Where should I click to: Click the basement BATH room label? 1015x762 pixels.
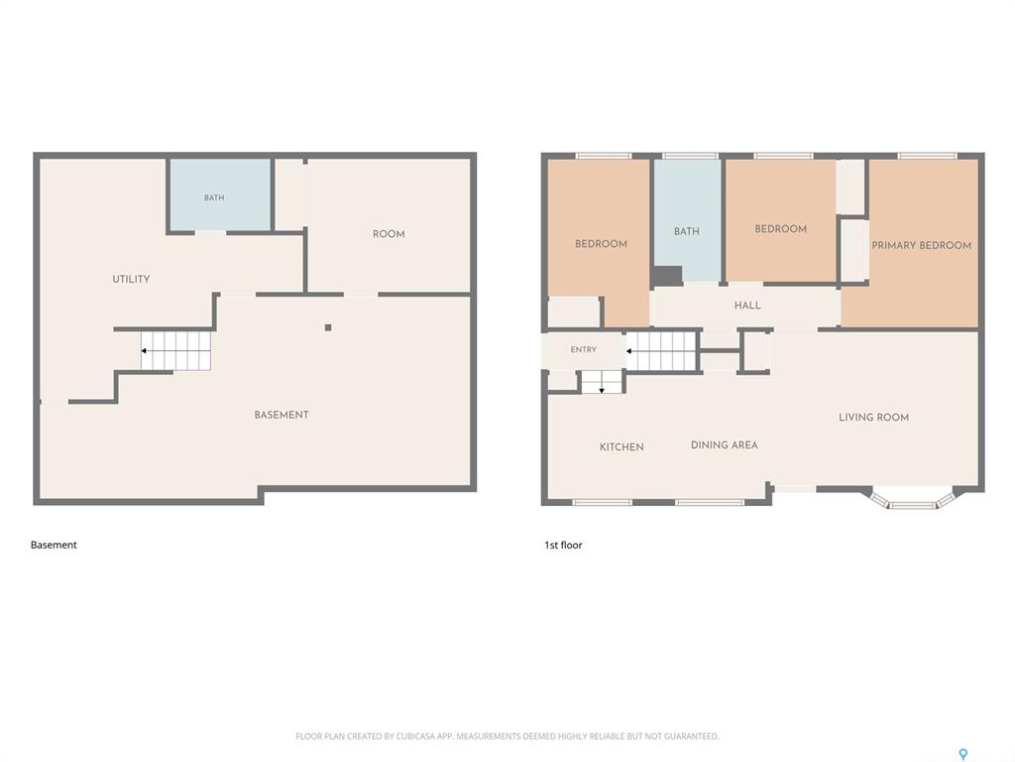tap(214, 197)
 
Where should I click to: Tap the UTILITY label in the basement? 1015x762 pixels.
tap(132, 279)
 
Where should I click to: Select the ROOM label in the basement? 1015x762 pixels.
tap(389, 234)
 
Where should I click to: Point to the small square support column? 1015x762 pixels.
tap(328, 327)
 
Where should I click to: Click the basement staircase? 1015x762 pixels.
tap(176, 350)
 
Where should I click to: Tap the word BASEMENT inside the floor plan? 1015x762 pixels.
tap(281, 415)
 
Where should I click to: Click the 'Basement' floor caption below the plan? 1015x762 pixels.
tap(54, 545)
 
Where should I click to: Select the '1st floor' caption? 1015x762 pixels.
tap(563, 545)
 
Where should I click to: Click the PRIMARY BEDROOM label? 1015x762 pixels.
tap(921, 245)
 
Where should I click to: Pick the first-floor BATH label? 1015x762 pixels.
tap(687, 231)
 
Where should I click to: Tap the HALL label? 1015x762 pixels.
tap(747, 306)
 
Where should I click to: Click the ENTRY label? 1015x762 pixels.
tap(583, 349)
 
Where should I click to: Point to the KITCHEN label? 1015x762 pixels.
tap(621, 447)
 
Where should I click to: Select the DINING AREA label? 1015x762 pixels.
tap(725, 445)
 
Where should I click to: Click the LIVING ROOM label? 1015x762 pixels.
tap(874, 418)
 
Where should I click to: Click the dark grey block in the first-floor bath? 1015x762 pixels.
tap(667, 276)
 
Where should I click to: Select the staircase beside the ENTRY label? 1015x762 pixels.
tap(661, 351)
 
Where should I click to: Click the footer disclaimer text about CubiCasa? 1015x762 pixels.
tap(507, 736)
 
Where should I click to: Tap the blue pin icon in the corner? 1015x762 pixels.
tap(963, 754)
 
